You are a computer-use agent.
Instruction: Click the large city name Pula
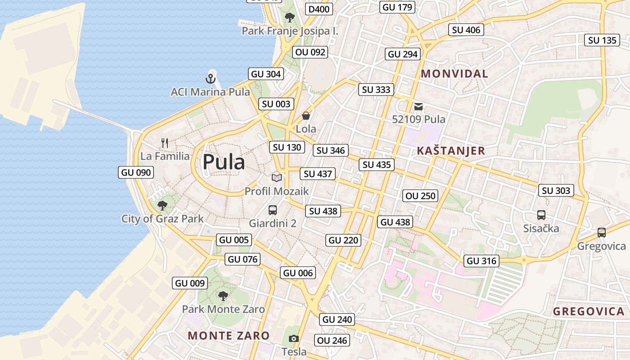coord(224,162)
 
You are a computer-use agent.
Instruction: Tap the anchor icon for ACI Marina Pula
coord(211,78)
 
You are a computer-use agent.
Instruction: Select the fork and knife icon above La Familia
coord(165,143)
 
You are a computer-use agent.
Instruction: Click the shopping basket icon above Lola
coord(306,116)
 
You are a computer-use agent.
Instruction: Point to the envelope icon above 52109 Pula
coord(418,106)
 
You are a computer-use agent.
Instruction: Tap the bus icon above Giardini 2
coord(272,210)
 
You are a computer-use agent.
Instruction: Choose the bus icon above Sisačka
coord(541,215)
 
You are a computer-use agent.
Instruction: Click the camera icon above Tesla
coord(294,338)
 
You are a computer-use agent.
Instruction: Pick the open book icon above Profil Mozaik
coord(276,178)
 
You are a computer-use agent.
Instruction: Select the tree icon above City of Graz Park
coord(162,206)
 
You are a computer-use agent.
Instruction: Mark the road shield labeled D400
coord(319,9)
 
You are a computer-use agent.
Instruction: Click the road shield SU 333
coord(376,90)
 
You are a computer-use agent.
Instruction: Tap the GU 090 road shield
coord(135,172)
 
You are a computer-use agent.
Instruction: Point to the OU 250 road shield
coord(420,196)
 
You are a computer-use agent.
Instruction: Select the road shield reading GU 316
coord(481,261)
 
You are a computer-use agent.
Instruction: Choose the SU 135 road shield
coord(603,40)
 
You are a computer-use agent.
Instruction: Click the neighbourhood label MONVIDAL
coord(454,74)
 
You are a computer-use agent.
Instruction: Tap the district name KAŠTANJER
coord(451,151)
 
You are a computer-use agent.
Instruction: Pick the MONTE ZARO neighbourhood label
coord(229,335)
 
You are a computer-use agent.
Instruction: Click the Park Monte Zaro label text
coord(223,309)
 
